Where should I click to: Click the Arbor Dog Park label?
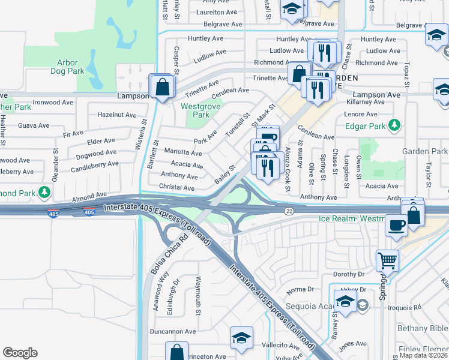click(x=71, y=67)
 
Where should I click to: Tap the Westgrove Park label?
click(x=195, y=110)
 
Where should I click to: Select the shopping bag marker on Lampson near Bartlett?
click(x=161, y=87)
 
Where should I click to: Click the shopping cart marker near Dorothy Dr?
click(x=387, y=260)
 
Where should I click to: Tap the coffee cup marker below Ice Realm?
click(x=395, y=226)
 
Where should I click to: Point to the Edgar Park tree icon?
click(x=394, y=126)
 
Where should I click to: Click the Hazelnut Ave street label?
click(x=116, y=115)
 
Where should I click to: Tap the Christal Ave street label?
click(x=177, y=188)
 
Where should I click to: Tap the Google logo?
click(x=20, y=353)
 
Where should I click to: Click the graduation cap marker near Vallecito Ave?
click(x=241, y=338)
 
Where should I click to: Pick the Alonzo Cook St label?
click(x=288, y=170)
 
